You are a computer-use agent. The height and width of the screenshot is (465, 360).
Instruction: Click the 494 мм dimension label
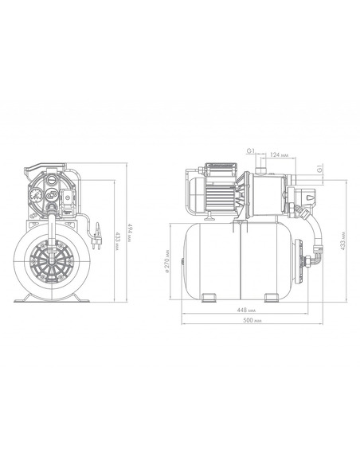coord(129,233)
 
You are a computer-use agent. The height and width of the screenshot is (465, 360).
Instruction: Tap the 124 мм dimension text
coord(279,154)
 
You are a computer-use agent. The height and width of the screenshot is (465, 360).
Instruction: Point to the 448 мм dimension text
coord(246,311)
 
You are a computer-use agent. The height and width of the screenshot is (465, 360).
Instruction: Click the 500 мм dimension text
coord(252,320)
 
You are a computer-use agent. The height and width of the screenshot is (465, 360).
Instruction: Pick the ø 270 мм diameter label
coord(167,261)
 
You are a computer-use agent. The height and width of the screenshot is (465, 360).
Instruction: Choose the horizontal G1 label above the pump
coord(251,151)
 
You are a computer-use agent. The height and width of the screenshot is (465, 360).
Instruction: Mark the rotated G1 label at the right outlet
coord(319,169)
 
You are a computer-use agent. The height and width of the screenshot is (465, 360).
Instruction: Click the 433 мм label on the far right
coord(342,240)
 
